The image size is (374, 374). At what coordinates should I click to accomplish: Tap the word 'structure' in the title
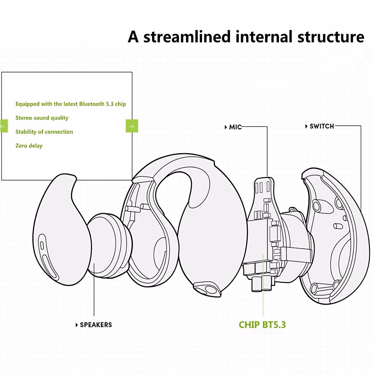coord(331,36)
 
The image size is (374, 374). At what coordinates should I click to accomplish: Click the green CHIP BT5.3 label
coord(262,325)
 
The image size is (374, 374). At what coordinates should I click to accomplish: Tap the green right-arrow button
coord(132,126)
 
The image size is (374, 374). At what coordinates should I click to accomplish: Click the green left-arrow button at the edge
coord(3,126)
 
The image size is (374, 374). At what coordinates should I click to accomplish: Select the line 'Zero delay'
coord(29,146)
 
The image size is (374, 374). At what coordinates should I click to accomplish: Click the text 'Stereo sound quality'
coord(42,118)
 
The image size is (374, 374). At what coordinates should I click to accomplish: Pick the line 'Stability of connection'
coord(44,132)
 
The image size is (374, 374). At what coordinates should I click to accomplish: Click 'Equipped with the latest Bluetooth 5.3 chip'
coord(70,104)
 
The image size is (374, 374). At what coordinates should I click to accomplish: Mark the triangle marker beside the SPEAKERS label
coord(77,325)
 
